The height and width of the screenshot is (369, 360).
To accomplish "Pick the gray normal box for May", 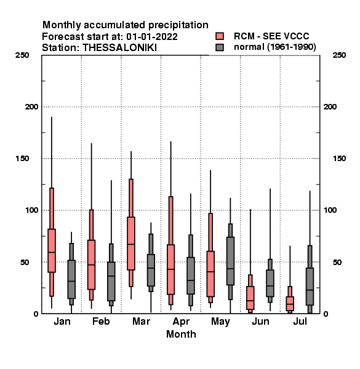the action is point(231,261).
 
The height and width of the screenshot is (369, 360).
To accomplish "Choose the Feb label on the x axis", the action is point(101,321).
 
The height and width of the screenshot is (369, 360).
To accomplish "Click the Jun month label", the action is point(261,321).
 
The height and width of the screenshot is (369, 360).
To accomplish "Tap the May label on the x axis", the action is point(220,322).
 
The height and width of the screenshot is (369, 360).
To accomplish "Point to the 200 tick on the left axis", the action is point(31,107).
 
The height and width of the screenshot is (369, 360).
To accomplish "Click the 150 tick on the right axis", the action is point(339,159).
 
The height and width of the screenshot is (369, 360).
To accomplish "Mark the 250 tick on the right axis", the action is point(339,55).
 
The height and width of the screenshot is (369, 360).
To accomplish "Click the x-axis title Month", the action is point(181,334).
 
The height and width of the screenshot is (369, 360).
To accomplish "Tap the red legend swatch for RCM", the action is point(220,36).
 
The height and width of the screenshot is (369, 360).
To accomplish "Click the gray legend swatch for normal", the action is point(220,47).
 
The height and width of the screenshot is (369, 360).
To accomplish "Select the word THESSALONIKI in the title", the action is point(119,48).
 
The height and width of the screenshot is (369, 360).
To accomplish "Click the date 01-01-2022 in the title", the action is point(152,37).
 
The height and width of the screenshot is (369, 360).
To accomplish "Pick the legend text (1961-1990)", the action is point(292,47).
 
